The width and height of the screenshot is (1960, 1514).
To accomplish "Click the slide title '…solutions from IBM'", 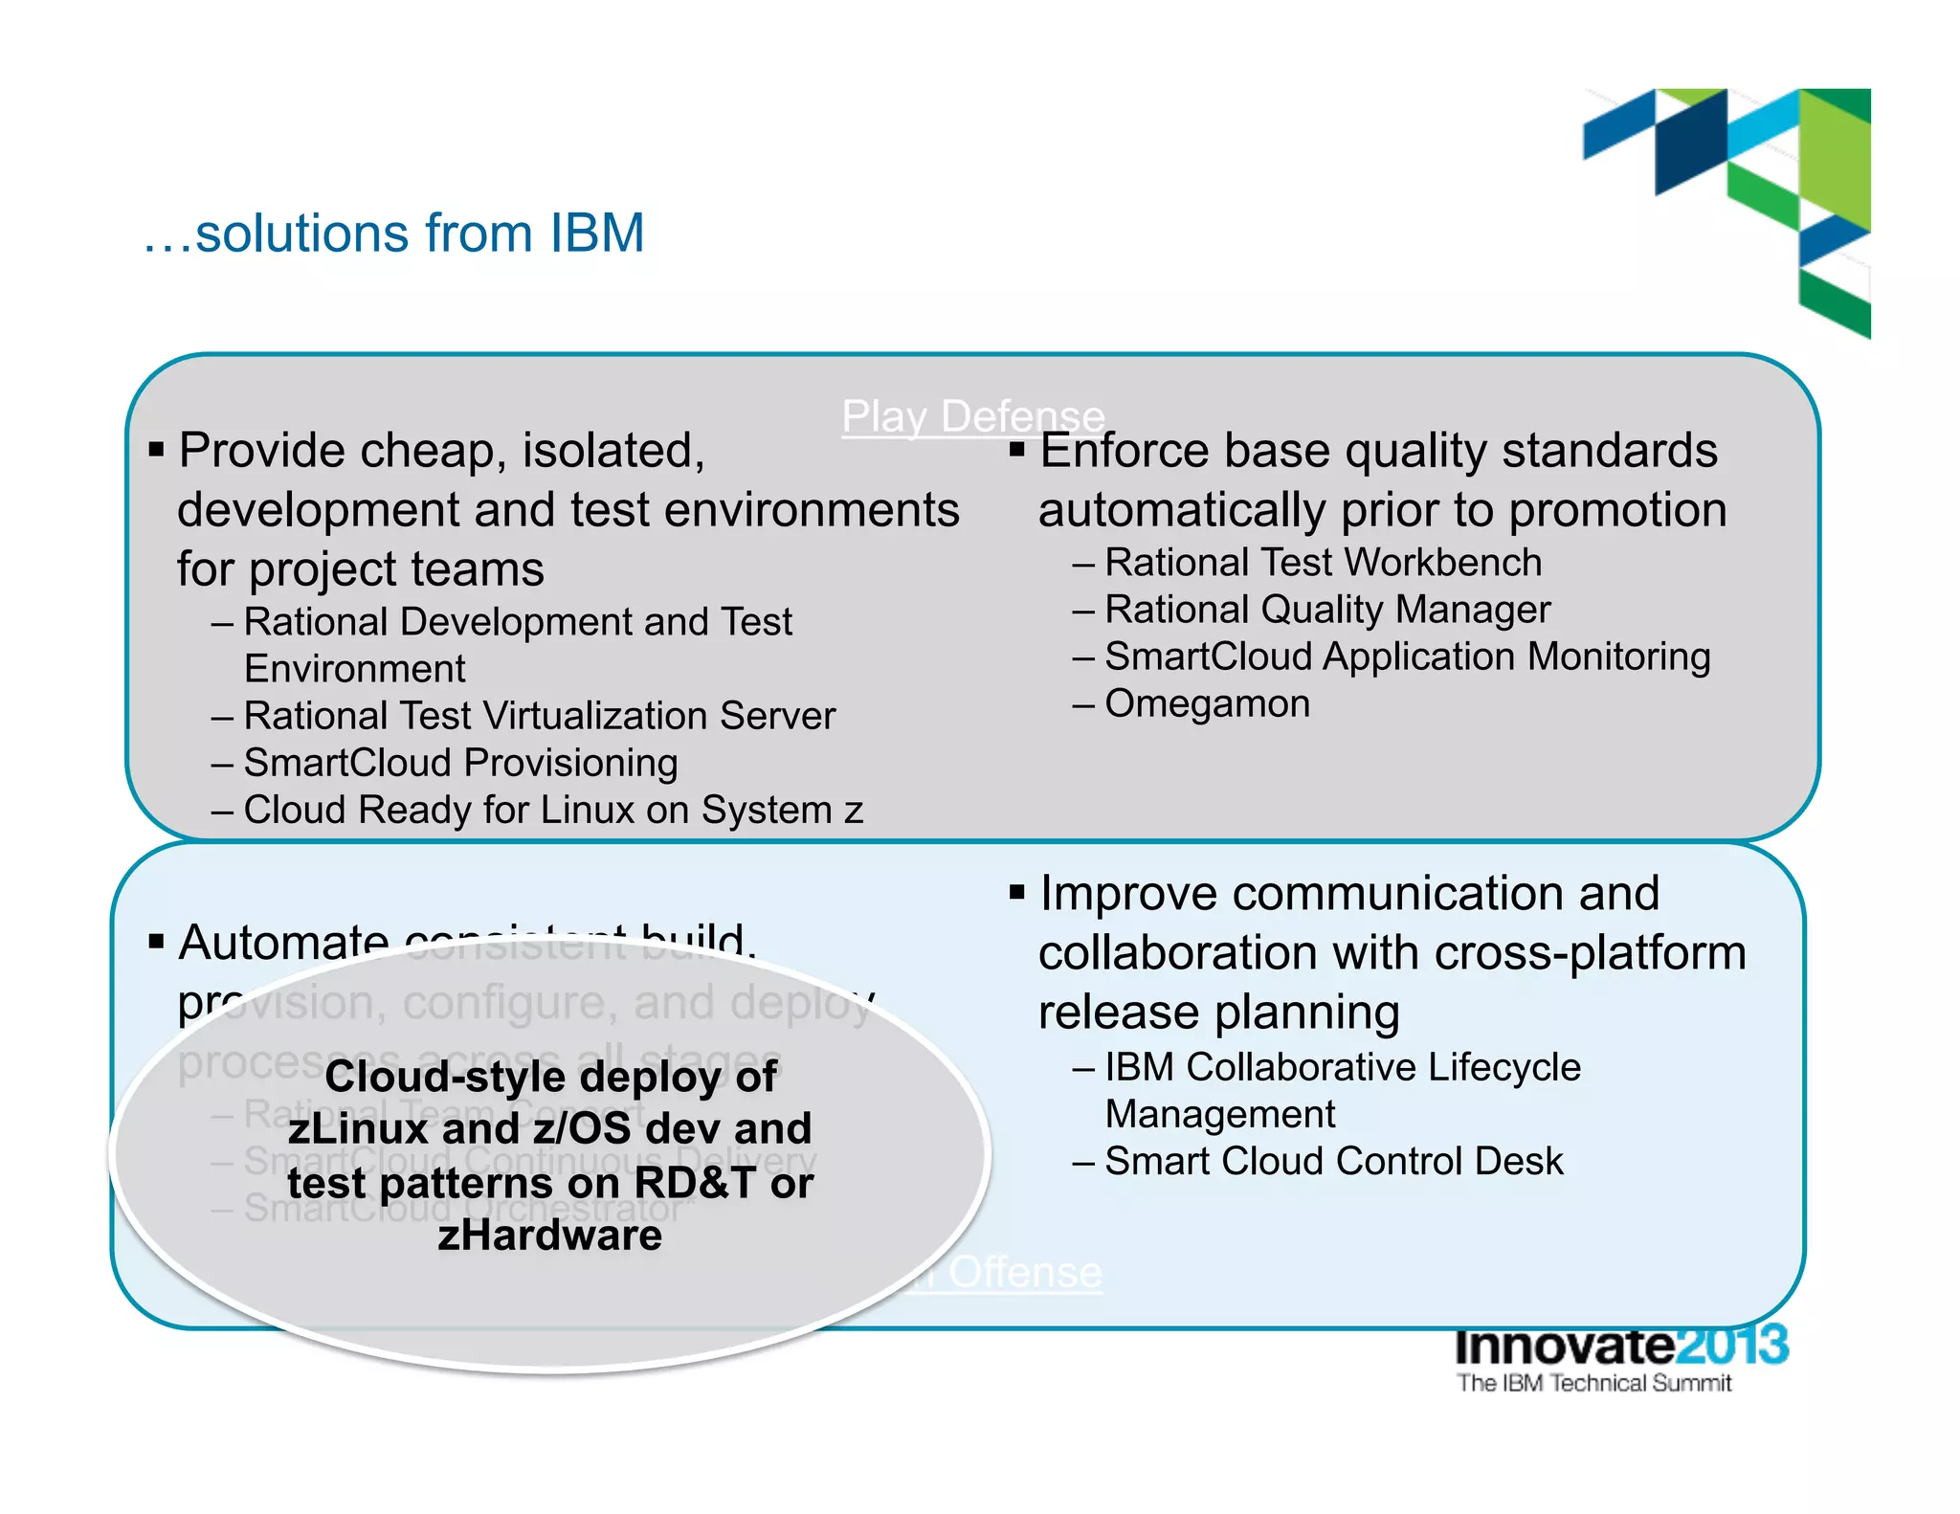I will [x=394, y=234].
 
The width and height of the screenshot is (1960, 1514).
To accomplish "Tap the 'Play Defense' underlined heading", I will [x=972, y=417].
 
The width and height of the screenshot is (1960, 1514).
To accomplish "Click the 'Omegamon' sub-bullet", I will [x=1207, y=704].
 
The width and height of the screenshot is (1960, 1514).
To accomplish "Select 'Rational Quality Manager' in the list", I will [x=1326, y=611].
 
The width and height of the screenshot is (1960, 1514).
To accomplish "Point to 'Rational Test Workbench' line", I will [x=1323, y=564].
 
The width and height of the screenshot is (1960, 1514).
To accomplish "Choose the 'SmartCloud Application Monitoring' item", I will [x=1407, y=657].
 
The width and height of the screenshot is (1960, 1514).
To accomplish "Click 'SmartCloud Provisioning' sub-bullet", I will [x=460, y=764].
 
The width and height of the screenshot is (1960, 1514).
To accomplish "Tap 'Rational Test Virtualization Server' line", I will [x=539, y=717].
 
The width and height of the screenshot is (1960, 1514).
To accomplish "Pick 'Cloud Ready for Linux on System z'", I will [x=553, y=811].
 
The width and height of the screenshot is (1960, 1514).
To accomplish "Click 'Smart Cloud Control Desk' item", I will [x=1333, y=1162].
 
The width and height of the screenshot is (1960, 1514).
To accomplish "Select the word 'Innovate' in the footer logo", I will [x=1564, y=1346].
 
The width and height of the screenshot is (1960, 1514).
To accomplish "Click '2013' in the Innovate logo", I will [x=1731, y=1346].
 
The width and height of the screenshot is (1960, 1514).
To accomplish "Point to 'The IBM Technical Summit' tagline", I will [x=1593, y=1383].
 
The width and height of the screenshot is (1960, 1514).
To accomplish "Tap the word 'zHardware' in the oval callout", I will [x=549, y=1236].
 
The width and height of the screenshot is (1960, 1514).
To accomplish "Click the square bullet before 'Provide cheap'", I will [x=157, y=450].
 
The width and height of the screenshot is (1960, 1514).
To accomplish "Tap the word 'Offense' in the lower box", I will [x=1025, y=1273].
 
